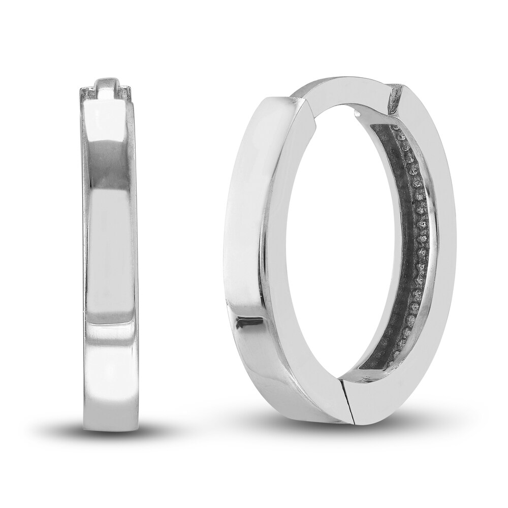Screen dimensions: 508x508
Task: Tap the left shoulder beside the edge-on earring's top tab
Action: coord(86,95)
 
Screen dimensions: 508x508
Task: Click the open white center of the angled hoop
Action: coord(345,254)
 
